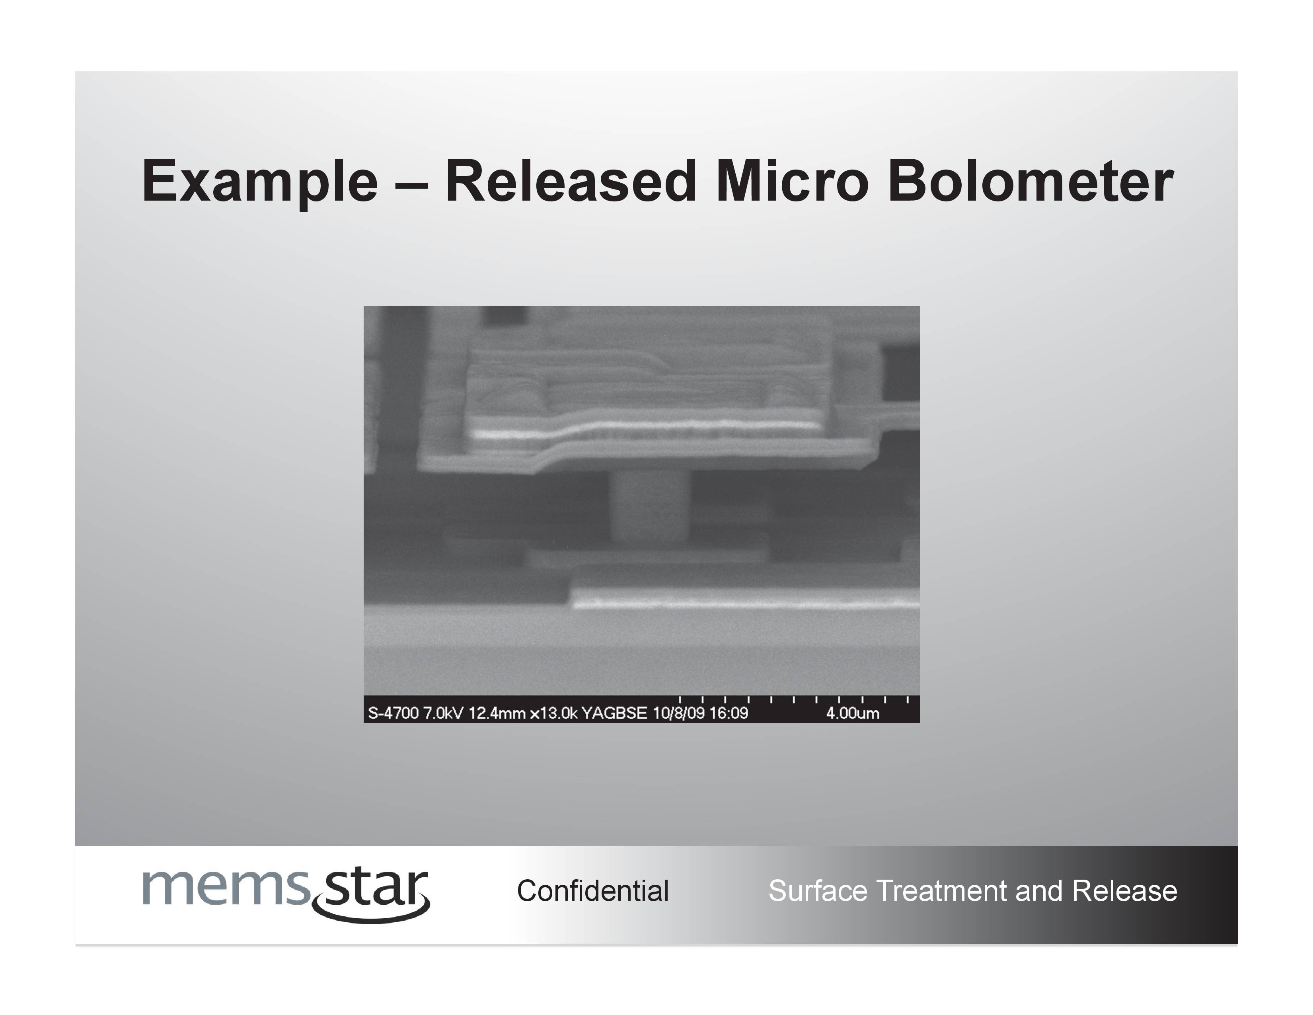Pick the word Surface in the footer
tap(819, 890)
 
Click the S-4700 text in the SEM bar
tap(393, 713)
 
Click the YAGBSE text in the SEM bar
tap(614, 713)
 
